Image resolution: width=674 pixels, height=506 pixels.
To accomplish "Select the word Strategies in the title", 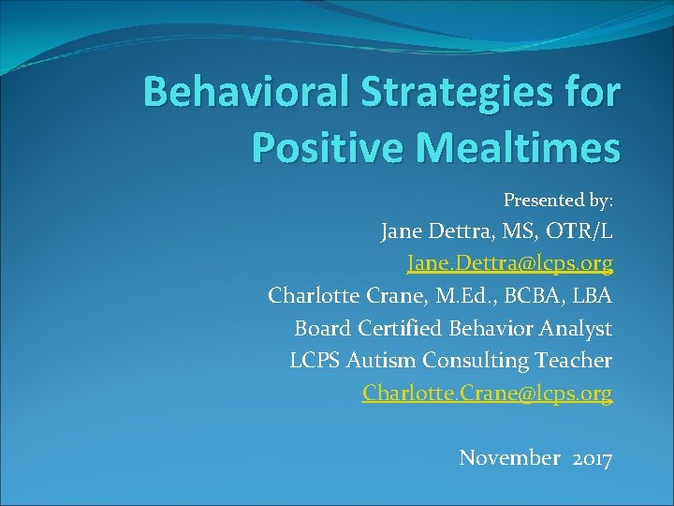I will tap(454, 94).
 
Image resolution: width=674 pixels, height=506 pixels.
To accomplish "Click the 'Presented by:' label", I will tap(558, 200).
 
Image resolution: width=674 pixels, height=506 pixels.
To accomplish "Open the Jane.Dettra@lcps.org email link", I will tap(509, 264).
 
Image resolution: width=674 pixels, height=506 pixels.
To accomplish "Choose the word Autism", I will tap(382, 360).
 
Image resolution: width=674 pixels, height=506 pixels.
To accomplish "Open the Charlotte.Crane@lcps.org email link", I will tap(487, 393).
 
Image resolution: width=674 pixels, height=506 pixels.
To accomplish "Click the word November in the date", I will tap(509, 458).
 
